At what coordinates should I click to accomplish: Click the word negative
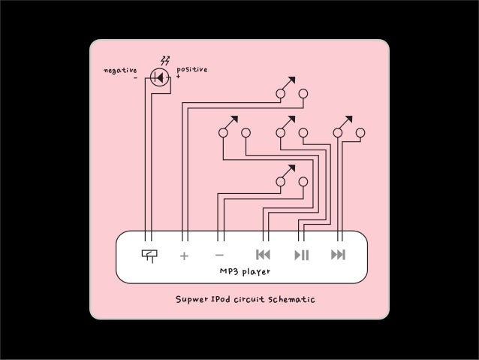tap(119, 70)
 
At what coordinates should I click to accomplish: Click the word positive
tap(191, 69)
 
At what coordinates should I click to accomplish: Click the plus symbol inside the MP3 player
tap(184, 256)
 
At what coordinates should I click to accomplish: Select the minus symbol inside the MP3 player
tap(220, 255)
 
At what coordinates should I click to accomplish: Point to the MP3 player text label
tap(244, 271)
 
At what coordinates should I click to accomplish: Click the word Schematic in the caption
tap(289, 301)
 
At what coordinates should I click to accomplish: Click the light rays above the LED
tap(165, 60)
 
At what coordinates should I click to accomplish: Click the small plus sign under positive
tap(178, 77)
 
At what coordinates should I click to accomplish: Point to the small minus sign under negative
tap(135, 77)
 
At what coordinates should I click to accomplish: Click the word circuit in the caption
tap(249, 301)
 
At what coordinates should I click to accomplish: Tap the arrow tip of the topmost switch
tap(291, 79)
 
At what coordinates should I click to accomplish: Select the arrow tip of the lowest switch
tap(291, 167)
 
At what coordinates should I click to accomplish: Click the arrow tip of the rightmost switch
tap(349, 118)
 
